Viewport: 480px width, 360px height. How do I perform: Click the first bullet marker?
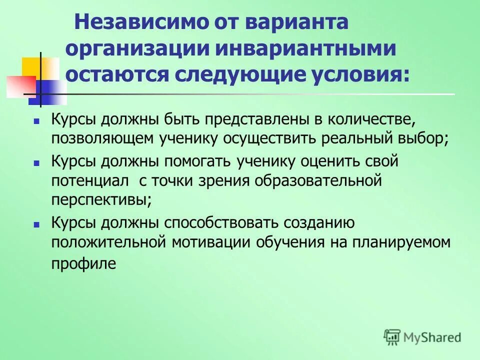click(x=36, y=121)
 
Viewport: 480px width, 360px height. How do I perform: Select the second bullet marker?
click(x=36, y=163)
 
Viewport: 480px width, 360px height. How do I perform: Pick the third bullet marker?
click(x=36, y=225)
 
